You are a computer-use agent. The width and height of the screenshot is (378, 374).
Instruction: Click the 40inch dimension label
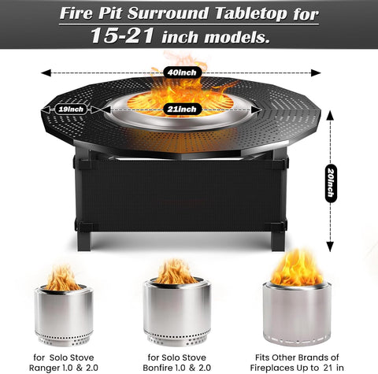(x=183, y=72)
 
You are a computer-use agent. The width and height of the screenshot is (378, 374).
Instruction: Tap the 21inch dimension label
(x=182, y=109)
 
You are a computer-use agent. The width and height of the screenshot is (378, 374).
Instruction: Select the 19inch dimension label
(x=71, y=109)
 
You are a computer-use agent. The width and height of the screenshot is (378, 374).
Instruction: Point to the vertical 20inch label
(x=330, y=183)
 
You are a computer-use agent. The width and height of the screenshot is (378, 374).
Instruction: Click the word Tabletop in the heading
(x=251, y=13)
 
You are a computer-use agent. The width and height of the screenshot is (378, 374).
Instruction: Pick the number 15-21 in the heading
(x=122, y=35)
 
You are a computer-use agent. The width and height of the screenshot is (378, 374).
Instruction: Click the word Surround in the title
(x=168, y=13)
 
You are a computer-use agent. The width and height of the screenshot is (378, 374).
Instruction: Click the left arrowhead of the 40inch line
(x=46, y=72)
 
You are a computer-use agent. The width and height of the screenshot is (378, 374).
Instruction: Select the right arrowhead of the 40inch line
(x=316, y=72)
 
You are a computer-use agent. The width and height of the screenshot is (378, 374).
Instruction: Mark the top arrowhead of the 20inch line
(x=330, y=116)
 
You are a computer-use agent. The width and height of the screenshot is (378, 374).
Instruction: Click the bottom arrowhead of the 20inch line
(x=330, y=246)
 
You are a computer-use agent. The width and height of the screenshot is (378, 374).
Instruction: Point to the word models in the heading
(x=237, y=37)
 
